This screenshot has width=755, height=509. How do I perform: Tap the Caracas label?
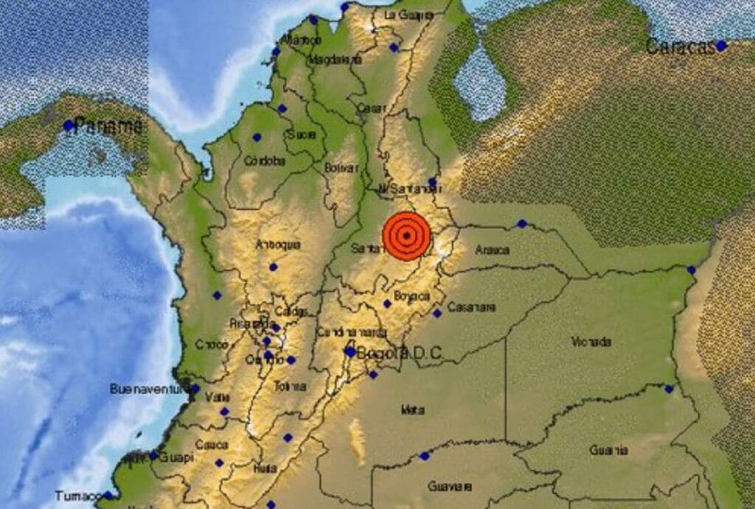tap(680, 46)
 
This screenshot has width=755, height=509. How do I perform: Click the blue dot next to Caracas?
tap(720, 46)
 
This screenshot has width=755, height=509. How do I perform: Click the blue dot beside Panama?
tap(69, 126)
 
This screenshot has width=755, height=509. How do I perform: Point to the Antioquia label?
tap(278, 245)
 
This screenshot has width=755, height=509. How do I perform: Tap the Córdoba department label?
tap(264, 160)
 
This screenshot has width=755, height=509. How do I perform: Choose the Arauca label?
tap(492, 250)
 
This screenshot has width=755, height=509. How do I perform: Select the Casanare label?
tap(471, 307)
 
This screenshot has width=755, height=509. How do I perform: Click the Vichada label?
tap(591, 342)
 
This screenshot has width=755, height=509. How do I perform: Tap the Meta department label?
tap(412, 410)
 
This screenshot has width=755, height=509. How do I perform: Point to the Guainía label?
tap(608, 450)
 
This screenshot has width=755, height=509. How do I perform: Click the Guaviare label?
tap(450, 487)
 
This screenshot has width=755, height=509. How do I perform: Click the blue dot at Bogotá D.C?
tap(349, 352)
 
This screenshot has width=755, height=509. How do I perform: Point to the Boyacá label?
tap(412, 296)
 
